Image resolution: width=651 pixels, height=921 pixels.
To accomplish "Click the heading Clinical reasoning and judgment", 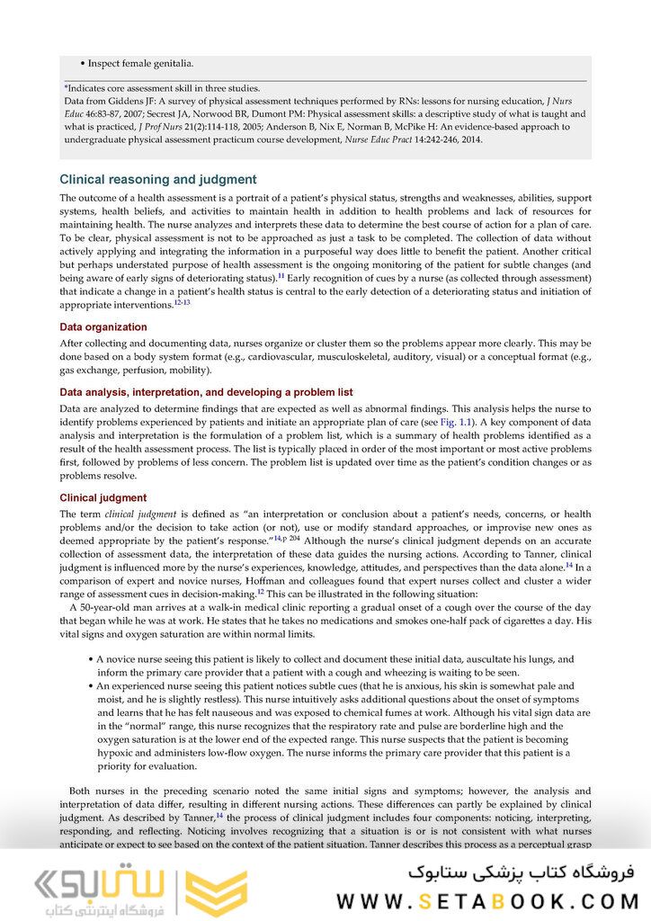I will point(157,180).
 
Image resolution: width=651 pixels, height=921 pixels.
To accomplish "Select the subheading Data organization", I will point(103,327).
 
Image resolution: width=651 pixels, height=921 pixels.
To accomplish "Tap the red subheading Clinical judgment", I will point(103,498).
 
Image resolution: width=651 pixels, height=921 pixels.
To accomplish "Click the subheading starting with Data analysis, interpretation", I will point(206,392).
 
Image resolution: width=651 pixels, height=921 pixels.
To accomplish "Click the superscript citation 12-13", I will point(182,303).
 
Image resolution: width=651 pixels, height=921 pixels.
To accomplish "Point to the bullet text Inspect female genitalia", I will point(140,64).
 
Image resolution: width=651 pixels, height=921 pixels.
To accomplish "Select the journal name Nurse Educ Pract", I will point(380,140).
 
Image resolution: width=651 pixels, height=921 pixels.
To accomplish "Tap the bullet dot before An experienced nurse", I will point(91,685).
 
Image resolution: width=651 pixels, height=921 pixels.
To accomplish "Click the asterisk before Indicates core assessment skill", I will point(66,88).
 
